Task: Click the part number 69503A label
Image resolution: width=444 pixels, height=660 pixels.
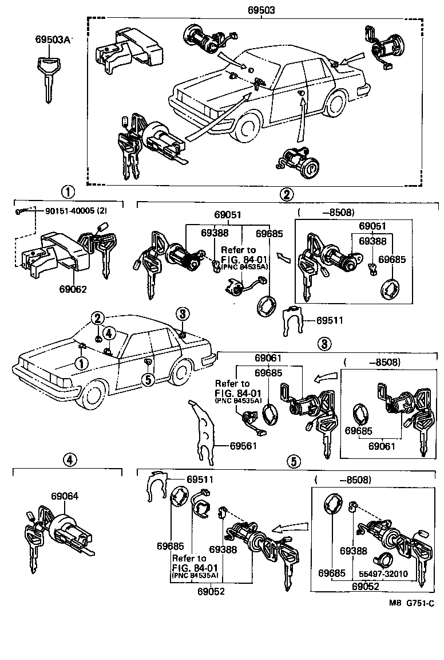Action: (x=52, y=40)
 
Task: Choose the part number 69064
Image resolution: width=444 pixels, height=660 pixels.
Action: (x=64, y=496)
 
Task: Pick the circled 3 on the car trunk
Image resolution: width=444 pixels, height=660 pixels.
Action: (x=182, y=313)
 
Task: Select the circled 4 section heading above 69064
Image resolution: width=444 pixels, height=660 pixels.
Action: (x=68, y=459)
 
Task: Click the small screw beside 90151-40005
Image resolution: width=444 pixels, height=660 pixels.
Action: (x=21, y=211)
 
